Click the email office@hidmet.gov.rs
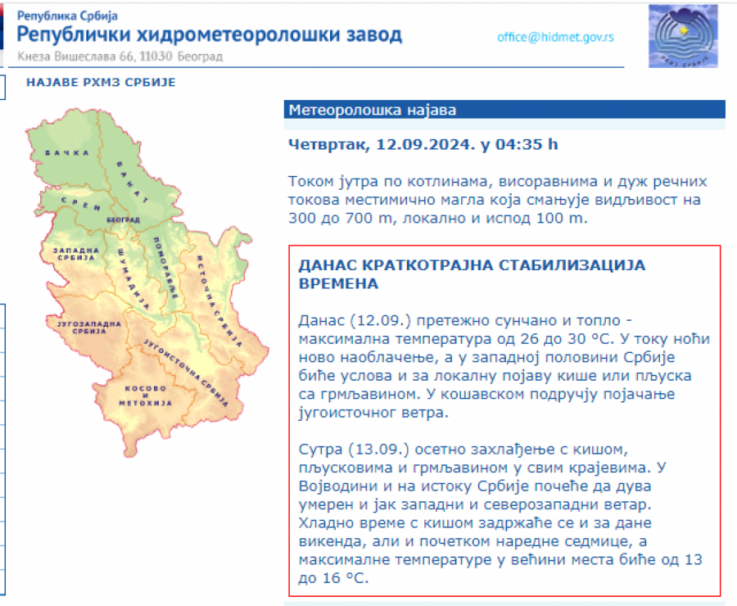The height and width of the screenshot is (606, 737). [555, 37]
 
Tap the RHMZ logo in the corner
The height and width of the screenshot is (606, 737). [683, 36]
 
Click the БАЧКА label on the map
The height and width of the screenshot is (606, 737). [67, 153]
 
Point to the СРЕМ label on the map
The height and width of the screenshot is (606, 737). [81, 204]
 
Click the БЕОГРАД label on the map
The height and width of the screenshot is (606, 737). [123, 219]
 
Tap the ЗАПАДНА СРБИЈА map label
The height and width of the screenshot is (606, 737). [75, 254]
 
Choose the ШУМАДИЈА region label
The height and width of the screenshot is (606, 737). [133, 278]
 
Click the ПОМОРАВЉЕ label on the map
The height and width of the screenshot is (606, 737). [165, 268]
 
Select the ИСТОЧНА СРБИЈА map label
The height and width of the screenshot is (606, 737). [219, 301]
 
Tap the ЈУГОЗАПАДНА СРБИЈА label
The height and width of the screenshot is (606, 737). [88, 328]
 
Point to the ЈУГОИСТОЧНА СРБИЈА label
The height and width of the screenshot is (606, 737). [186, 373]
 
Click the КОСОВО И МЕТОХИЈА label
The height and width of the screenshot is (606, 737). [145, 396]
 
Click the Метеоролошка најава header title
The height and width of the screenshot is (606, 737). [373, 110]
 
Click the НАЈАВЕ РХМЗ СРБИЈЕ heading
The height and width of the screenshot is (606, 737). [101, 82]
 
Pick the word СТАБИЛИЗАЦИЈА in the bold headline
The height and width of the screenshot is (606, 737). [572, 265]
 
